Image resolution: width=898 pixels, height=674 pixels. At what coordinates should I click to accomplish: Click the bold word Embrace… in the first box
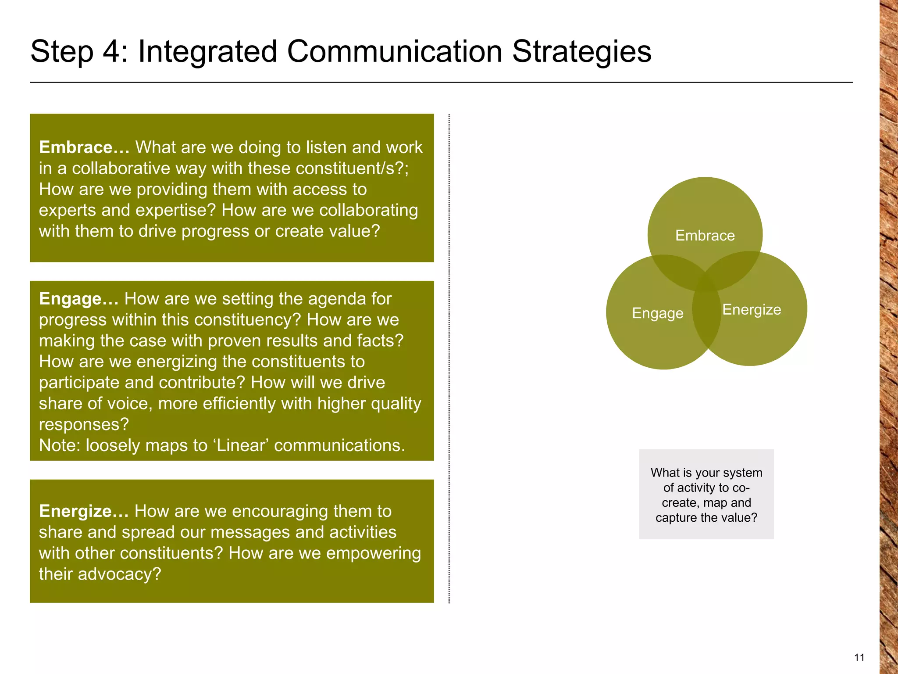(x=84, y=147)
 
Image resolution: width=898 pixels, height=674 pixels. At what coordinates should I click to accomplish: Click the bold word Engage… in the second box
(x=78, y=299)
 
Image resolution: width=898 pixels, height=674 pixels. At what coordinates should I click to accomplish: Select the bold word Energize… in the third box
(x=83, y=511)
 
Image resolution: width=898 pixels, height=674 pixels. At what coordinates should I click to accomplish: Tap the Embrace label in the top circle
(x=705, y=236)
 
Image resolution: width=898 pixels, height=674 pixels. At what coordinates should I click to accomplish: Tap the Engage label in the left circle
(x=657, y=313)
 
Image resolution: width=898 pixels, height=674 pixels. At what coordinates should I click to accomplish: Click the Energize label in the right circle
(x=752, y=310)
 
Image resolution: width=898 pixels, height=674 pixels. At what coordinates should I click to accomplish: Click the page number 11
(x=859, y=657)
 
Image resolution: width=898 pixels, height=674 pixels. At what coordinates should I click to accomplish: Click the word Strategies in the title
(x=581, y=52)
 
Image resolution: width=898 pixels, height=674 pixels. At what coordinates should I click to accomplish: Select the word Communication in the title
(x=394, y=52)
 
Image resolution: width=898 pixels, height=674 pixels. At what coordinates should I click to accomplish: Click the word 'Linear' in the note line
(x=241, y=445)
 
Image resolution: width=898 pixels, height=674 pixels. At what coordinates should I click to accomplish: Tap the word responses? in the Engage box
(x=84, y=424)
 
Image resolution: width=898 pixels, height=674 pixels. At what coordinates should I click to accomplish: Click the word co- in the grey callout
(x=741, y=488)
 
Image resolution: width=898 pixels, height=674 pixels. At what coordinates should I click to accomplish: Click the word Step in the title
(x=61, y=52)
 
